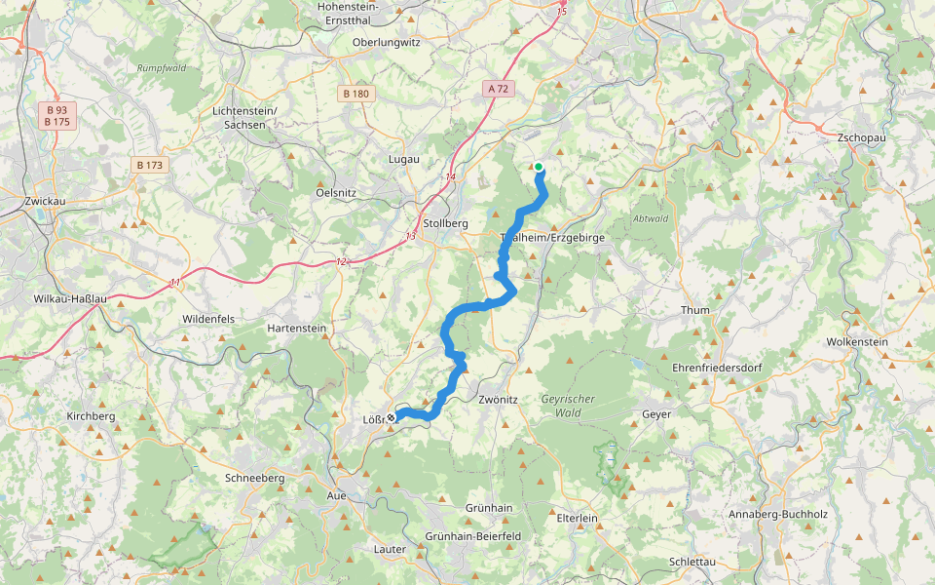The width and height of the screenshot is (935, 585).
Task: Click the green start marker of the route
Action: (538, 167)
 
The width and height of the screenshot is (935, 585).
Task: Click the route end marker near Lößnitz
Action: (391, 418)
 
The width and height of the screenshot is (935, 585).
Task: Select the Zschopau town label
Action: (861, 138)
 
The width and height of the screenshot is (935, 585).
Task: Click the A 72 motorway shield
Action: (498, 89)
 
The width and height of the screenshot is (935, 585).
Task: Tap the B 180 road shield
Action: (355, 94)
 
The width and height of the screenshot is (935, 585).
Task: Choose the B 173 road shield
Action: (149, 166)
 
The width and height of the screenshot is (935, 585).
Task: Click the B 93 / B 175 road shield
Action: (56, 116)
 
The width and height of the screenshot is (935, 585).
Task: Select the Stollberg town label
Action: (446, 222)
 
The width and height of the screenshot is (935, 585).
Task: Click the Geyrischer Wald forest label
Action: (568, 405)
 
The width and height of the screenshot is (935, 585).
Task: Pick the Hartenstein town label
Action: (297, 329)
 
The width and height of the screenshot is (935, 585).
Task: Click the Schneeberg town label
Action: (254, 478)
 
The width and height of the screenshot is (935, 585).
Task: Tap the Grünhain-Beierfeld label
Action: (473, 536)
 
